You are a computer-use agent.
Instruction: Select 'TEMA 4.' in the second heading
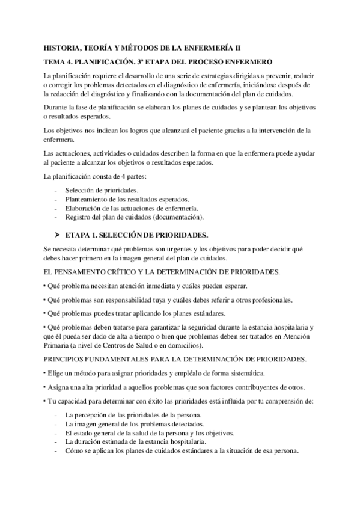point(58,62)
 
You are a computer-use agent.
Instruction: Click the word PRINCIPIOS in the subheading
point(68,359)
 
